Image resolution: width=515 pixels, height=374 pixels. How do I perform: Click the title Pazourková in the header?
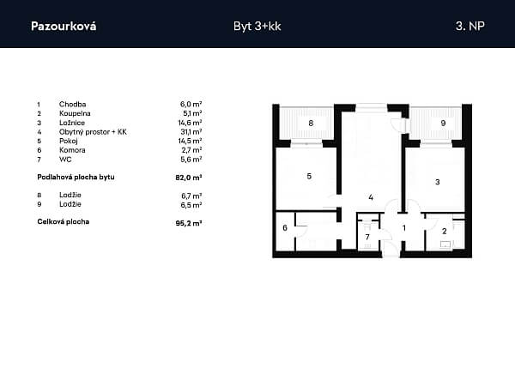[x=64, y=27]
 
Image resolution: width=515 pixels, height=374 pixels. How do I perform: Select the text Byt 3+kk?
[x=257, y=27]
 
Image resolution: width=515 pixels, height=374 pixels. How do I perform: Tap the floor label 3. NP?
[x=470, y=26]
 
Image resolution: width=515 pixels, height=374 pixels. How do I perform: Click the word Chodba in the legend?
[x=73, y=105]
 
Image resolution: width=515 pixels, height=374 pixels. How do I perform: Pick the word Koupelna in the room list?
[x=75, y=113]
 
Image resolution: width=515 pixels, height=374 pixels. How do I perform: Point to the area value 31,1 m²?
[x=191, y=132]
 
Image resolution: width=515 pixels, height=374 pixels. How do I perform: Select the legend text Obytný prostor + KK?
[x=93, y=132]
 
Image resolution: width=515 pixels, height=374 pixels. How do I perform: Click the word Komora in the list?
[x=72, y=150]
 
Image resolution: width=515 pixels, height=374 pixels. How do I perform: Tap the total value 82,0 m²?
[x=189, y=178]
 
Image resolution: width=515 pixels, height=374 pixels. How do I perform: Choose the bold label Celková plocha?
[x=63, y=221]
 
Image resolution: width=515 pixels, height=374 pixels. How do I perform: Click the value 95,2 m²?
[x=189, y=223]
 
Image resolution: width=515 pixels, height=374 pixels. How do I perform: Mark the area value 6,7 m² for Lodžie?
[x=191, y=196]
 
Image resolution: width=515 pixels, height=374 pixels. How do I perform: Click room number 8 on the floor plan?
[x=311, y=124]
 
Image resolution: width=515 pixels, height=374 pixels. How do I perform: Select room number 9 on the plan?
[x=443, y=124]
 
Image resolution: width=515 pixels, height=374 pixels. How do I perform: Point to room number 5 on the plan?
[x=309, y=177]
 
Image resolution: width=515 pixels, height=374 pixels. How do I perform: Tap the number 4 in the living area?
[x=371, y=197]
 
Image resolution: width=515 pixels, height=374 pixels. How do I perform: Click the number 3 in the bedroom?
[x=438, y=182]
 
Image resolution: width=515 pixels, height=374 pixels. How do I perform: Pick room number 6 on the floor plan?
[x=285, y=227]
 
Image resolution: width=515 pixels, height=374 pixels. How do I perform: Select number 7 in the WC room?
[x=367, y=237]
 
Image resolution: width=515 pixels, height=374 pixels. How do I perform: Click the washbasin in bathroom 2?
[x=445, y=244]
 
